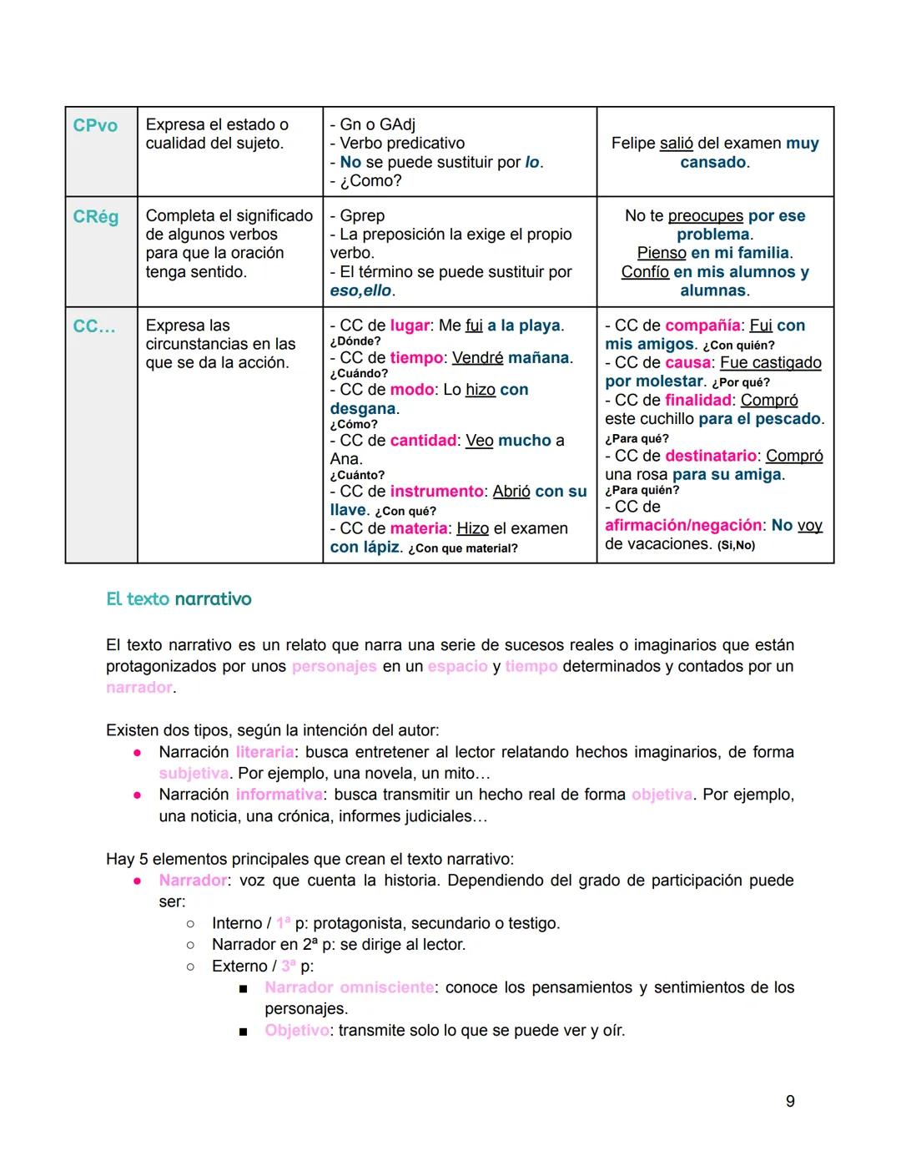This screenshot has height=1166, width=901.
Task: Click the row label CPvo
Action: click(x=95, y=125)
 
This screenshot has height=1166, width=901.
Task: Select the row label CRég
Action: click(x=95, y=217)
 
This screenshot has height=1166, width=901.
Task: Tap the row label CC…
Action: click(x=94, y=326)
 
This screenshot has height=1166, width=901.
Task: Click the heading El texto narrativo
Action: click(x=179, y=599)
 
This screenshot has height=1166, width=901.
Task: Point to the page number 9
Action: click(x=790, y=1102)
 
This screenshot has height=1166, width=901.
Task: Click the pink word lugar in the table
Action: click(x=409, y=326)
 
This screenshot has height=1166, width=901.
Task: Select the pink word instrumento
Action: click(x=436, y=492)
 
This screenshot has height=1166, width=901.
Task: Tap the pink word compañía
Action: click(x=702, y=326)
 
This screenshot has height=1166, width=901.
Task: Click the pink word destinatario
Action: click(x=711, y=456)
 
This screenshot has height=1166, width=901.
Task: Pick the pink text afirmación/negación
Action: click(x=683, y=525)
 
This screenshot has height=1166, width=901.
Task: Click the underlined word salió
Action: click(x=676, y=144)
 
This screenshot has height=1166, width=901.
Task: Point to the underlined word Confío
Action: click(x=645, y=272)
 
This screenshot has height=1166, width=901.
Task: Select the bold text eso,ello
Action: click(x=360, y=290)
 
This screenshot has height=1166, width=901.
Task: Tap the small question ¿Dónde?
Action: click(x=355, y=341)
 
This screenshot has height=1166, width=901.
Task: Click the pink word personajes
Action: click(x=334, y=667)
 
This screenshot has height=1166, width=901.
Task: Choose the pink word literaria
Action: click(x=264, y=752)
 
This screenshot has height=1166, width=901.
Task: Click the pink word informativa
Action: click(x=279, y=795)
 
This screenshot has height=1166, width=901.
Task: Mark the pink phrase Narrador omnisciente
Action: click(x=349, y=987)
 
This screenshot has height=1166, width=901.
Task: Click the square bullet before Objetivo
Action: click(x=243, y=1032)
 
